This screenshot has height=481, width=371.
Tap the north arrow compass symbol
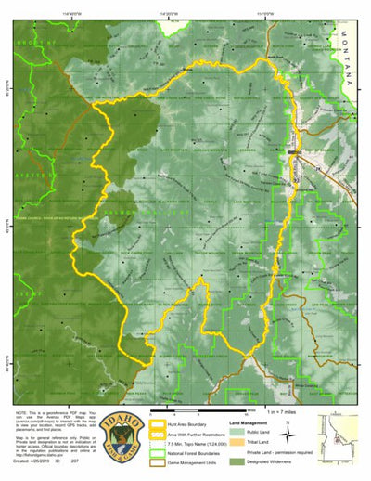288,428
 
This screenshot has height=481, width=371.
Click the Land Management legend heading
251,422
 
